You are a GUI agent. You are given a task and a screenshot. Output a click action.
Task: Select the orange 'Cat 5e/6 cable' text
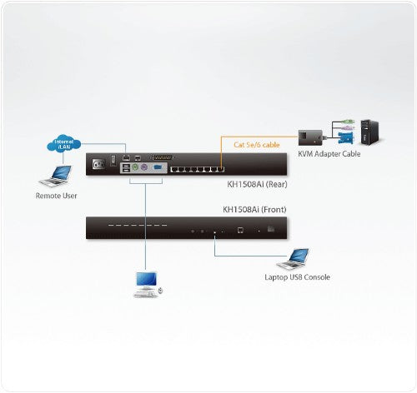pyautogui.click(x=254, y=143)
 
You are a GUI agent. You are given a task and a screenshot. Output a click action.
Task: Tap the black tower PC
pyautogui.click(x=372, y=129)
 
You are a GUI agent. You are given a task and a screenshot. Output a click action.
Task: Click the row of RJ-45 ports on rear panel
pyautogui.click(x=198, y=169)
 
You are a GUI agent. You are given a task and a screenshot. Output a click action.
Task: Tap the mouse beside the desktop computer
pyautogui.click(x=161, y=291)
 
